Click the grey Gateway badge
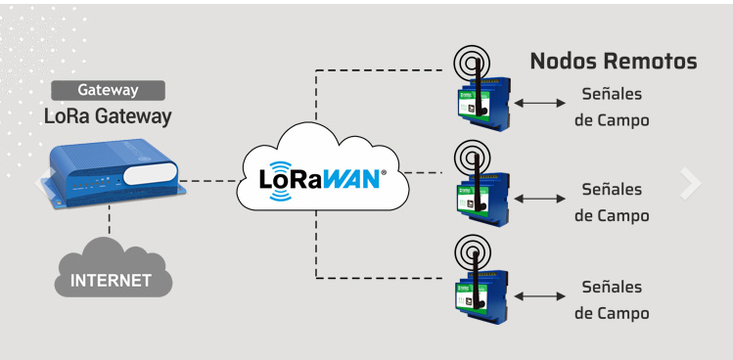point(108,90)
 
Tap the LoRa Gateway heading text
point(108,116)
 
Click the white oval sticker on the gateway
point(150,173)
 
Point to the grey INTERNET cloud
point(114,270)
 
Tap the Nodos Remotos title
point(614,62)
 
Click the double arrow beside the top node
point(539,103)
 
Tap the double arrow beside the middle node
point(539,199)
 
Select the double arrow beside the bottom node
point(539,296)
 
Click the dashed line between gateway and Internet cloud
point(110,220)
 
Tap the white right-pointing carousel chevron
point(691,183)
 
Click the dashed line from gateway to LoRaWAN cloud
point(209,180)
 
